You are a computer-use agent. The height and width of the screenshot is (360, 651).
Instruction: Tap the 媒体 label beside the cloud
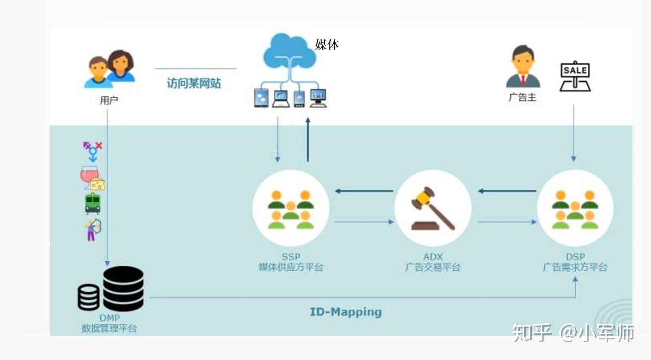pyautogui.click(x=327, y=45)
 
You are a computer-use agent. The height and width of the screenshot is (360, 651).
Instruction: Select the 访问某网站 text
pyautogui.click(x=194, y=83)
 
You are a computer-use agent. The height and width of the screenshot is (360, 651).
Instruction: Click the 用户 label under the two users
pyautogui.click(x=109, y=101)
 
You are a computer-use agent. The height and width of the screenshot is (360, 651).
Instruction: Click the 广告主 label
pyautogui.click(x=522, y=97)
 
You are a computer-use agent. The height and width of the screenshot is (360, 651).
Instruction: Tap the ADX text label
pyautogui.click(x=433, y=257)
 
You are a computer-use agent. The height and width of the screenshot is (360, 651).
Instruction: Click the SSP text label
pyautogui.click(x=291, y=257)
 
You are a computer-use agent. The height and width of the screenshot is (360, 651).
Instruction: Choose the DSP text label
pyautogui.click(x=575, y=257)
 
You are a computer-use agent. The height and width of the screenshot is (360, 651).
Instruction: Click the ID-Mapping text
pyautogui.click(x=346, y=312)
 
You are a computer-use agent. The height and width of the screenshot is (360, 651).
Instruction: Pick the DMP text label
pyautogui.click(x=109, y=318)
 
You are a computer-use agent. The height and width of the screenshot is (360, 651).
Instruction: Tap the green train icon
pyautogui.click(x=92, y=203)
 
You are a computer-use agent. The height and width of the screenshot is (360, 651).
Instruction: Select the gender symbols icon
pyautogui.click(x=93, y=151)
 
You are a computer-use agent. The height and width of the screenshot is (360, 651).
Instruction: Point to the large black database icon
pyautogui.click(x=123, y=288)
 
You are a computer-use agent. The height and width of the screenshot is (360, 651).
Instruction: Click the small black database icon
pyautogui.click(x=88, y=297)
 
